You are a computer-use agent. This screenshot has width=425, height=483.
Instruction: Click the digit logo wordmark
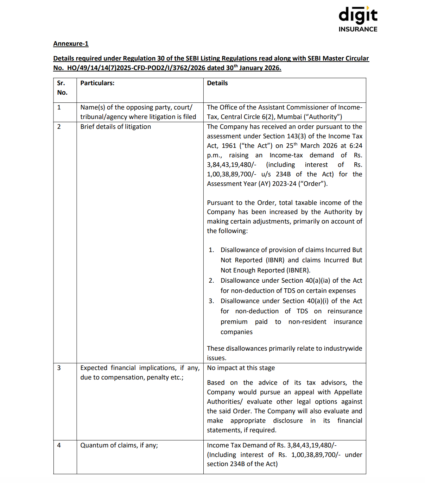point(358,15)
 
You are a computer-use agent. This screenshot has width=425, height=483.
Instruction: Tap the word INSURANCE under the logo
point(358,29)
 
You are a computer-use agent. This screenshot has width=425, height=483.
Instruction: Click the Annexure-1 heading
point(71,44)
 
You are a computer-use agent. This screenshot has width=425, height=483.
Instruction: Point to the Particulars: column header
point(97,83)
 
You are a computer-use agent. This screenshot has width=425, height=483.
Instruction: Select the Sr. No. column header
point(62,88)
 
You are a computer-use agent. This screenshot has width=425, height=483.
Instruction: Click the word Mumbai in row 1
point(289,117)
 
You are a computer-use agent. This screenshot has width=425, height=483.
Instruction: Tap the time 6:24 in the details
point(356,146)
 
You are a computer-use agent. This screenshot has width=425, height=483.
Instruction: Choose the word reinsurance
point(345,311)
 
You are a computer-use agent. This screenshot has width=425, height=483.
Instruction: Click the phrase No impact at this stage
point(241,368)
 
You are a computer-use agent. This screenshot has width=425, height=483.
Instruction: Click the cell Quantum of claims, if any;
point(119,445)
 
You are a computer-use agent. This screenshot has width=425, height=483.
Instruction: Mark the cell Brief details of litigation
point(115,127)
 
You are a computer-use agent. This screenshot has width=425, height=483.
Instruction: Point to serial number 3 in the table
point(59,368)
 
